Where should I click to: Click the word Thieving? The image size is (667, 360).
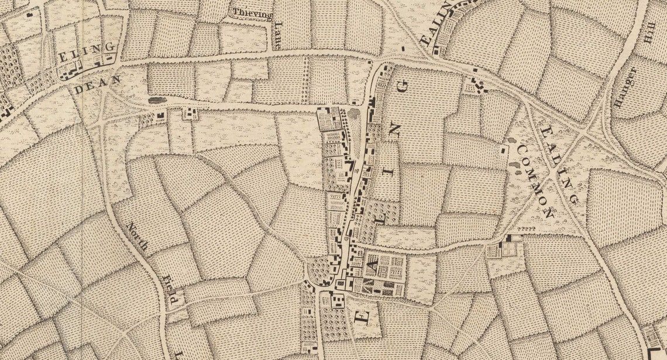click(x=252, y=12)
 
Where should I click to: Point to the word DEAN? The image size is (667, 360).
click(x=97, y=84)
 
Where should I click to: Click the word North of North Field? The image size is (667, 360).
click(x=137, y=236)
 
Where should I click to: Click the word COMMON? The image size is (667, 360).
click(x=531, y=182)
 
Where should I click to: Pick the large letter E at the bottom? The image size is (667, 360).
click(x=363, y=316)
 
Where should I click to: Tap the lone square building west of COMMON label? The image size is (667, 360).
click(x=503, y=150)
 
